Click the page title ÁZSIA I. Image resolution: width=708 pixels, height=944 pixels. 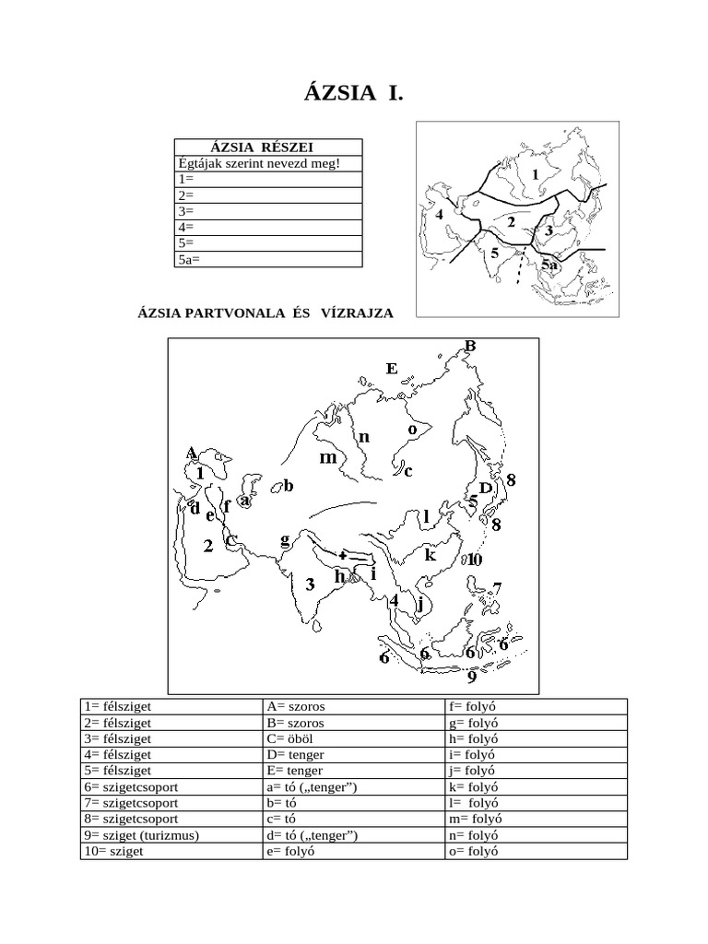click(353, 94)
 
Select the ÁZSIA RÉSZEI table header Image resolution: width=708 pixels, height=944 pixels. click(267, 147)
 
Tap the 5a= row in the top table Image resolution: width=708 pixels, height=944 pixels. click(267, 259)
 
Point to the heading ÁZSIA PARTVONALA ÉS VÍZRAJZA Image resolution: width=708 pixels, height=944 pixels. click(265, 313)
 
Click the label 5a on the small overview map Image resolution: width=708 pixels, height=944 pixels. click(550, 265)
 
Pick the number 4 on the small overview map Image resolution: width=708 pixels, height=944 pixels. click(440, 216)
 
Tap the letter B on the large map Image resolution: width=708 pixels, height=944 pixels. click(469, 346)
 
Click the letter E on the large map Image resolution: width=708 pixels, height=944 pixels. click(391, 369)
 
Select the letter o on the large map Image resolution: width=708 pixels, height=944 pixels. click(412, 430)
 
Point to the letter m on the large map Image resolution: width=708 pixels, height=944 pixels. click(327, 457)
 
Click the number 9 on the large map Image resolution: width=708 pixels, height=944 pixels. click(471, 678)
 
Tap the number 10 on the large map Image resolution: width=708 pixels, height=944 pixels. click(474, 559)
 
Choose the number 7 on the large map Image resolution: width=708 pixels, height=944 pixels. click(496, 588)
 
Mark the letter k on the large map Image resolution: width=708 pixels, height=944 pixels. click(429, 555)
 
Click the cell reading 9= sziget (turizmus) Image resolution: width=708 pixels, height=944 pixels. click(142, 836)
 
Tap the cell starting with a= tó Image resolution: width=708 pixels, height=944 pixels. click(310, 787)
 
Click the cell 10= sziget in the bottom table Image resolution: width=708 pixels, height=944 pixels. click(113, 852)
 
